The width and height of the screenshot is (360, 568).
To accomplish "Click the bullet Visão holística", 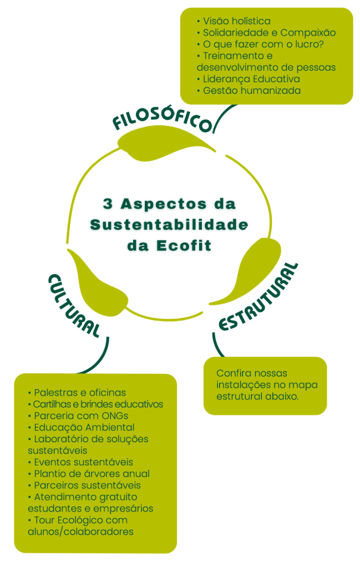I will point(236,21).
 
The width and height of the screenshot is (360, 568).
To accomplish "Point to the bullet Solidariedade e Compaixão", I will point(269,33).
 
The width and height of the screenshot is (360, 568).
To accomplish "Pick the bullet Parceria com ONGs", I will point(82,416).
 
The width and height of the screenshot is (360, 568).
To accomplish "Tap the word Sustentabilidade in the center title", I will point(169,225).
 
